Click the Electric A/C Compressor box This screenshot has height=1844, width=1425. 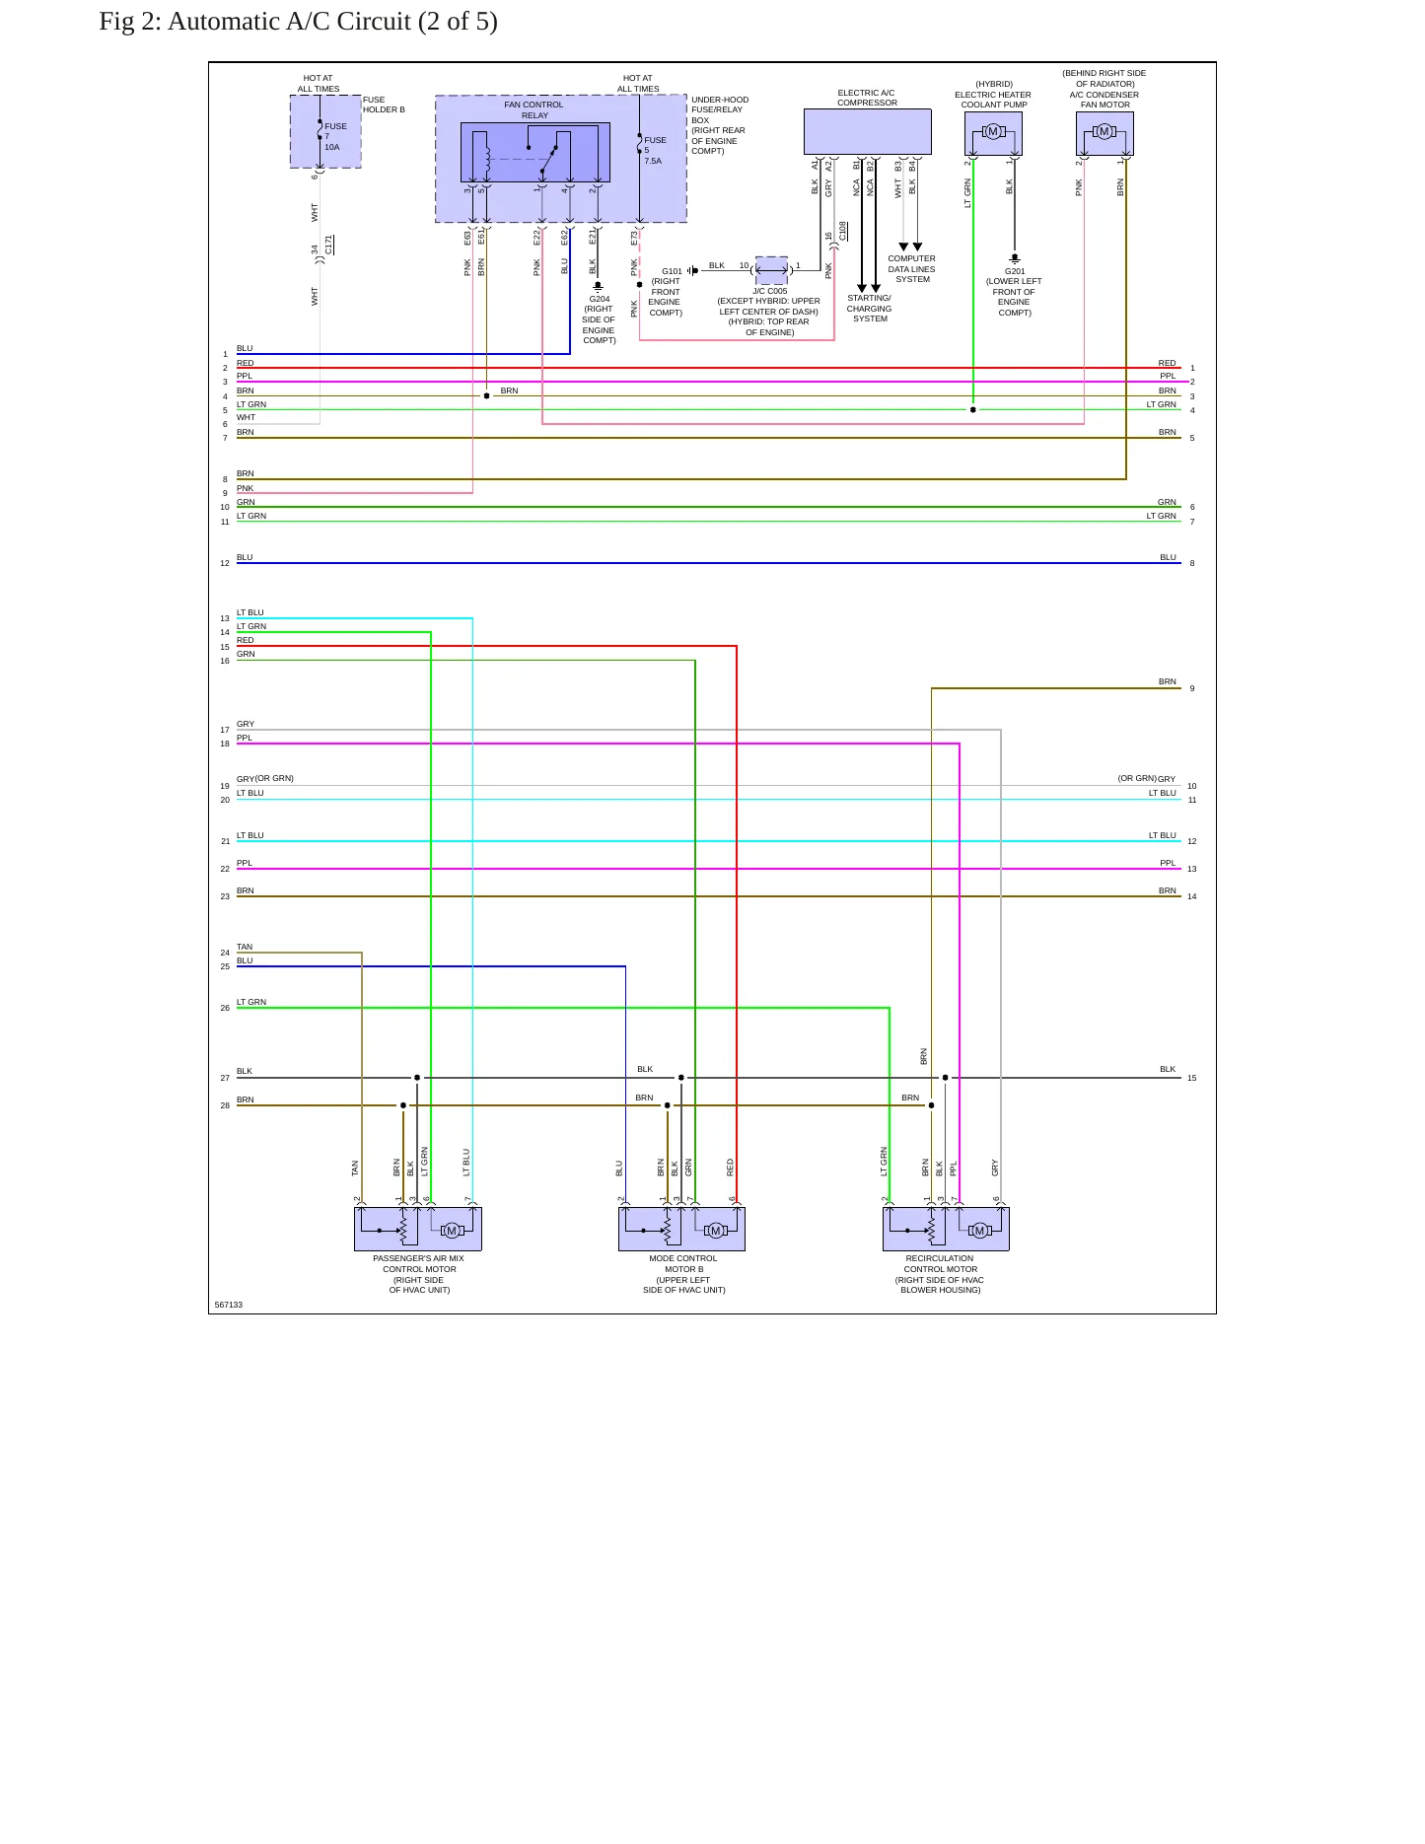[867, 131]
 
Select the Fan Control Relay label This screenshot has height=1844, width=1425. [534, 109]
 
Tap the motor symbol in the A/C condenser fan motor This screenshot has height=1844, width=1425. [1104, 132]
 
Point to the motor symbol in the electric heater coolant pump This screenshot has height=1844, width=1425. [993, 132]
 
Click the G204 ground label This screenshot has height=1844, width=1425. [599, 299]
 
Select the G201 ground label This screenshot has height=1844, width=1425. [1015, 271]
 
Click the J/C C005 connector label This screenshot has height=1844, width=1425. [770, 291]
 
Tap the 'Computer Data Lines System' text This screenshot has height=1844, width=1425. [912, 269]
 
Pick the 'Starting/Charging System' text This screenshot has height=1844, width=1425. [870, 309]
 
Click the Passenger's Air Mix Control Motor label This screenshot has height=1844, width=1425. [419, 1274]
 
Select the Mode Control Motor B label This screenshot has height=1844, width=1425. [683, 1274]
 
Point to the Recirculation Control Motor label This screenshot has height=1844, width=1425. [940, 1274]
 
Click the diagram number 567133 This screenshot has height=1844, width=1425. [228, 1305]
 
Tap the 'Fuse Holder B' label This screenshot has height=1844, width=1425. [384, 105]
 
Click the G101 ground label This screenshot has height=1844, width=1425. [672, 271]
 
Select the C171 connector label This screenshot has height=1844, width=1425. [329, 245]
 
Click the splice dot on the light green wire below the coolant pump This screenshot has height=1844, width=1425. [973, 409]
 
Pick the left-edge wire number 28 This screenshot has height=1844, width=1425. [225, 1105]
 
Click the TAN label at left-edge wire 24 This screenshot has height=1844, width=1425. [245, 947]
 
